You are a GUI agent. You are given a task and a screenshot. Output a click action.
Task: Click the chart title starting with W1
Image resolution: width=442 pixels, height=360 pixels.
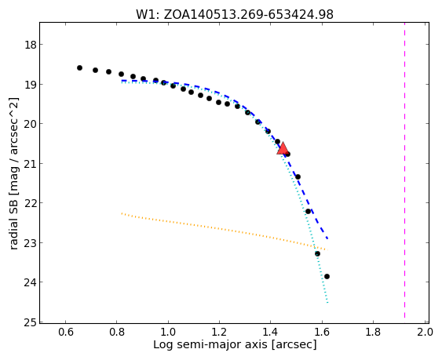[235, 14]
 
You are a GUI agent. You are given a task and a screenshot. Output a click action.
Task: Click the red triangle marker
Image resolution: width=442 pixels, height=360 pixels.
[283, 149]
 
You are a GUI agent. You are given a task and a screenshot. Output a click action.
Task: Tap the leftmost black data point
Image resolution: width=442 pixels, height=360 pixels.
[79, 68]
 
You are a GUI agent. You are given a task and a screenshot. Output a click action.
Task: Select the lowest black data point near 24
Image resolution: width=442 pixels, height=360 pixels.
[327, 277]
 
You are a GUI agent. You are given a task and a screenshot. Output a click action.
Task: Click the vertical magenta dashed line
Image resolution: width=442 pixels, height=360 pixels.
[404, 170]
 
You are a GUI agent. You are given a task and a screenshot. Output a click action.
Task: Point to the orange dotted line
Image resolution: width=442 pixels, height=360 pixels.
[225, 231]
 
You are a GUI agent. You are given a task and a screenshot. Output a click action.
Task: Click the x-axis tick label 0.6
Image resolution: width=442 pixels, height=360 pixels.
[66, 332]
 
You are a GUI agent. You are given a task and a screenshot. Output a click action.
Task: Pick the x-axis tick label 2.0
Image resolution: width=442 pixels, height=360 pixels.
[425, 332]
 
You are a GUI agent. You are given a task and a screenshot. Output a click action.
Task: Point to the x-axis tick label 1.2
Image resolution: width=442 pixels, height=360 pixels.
[219, 332]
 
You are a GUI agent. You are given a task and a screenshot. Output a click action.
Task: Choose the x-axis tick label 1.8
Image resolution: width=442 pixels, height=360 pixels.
[373, 332]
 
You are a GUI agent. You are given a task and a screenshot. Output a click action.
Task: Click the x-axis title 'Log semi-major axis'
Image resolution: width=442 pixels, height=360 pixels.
[210, 344]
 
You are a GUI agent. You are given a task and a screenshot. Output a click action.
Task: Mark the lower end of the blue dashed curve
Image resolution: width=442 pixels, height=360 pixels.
[327, 239]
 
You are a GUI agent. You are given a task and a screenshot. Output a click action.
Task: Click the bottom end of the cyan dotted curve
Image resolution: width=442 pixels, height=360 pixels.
[327, 303]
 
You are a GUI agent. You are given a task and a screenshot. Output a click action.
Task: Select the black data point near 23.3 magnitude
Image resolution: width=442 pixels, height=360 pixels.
[317, 254]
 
